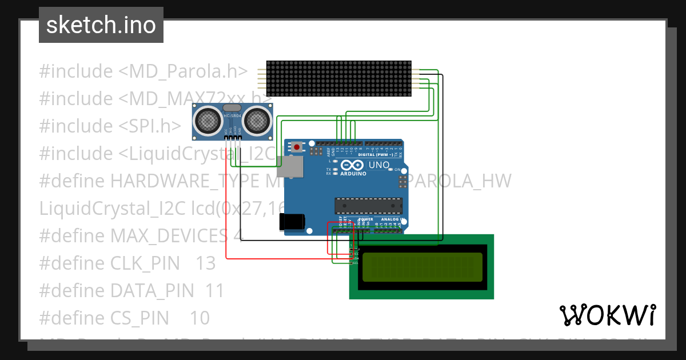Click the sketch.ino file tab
[x=101, y=25]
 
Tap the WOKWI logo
[x=607, y=315]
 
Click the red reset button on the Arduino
[x=297, y=147]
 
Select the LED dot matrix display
[x=340, y=78]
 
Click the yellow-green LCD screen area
[x=421, y=266]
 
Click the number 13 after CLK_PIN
[x=205, y=263]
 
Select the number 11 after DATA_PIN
[x=214, y=290]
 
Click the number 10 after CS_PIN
[x=200, y=318]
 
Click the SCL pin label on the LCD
[x=354, y=263]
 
